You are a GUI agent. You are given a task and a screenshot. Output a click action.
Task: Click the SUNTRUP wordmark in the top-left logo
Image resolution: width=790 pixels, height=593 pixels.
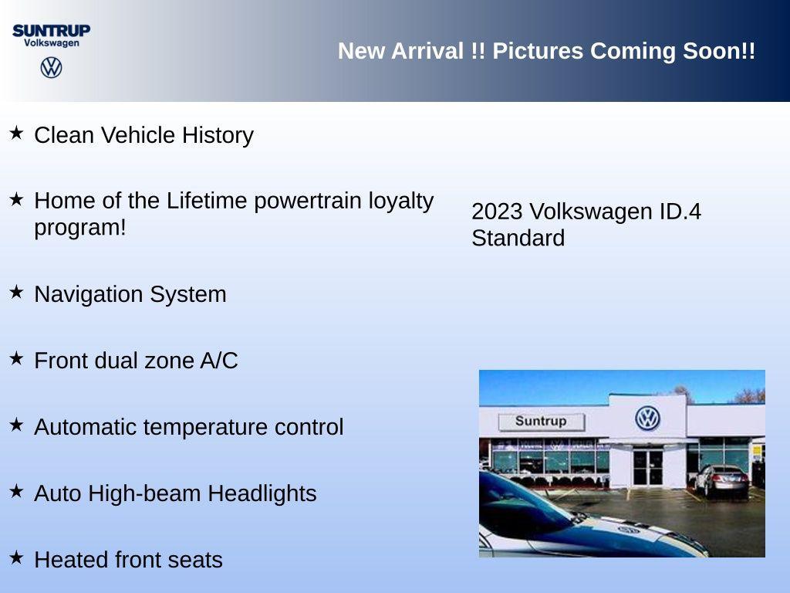click(x=51, y=30)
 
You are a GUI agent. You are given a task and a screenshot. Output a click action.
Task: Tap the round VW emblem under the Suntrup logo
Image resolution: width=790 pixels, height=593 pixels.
click(x=51, y=67)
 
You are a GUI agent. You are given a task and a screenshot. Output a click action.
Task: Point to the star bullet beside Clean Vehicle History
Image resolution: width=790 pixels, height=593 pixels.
click(x=16, y=133)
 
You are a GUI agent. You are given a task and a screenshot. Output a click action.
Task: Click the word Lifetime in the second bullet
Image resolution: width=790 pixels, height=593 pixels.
click(x=207, y=201)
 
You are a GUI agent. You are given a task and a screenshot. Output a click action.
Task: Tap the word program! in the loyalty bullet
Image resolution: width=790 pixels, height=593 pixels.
click(x=79, y=228)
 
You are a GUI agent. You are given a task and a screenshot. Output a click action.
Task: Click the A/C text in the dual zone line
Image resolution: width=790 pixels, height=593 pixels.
click(x=218, y=361)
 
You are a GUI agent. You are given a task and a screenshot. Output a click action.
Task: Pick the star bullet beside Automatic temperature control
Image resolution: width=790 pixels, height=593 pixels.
click(x=16, y=425)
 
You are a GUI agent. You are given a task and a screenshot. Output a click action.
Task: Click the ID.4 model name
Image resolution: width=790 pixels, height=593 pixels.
click(x=680, y=212)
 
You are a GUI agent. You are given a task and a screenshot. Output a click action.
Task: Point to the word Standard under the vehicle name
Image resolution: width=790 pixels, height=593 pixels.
click(x=518, y=238)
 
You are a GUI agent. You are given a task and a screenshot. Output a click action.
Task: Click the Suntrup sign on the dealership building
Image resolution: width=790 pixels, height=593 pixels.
click(x=541, y=422)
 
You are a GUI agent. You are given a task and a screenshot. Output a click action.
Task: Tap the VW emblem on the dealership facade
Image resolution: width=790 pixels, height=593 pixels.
click(x=647, y=418)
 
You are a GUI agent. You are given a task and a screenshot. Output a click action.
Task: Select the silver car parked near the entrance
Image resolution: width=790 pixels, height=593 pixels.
click(x=721, y=479)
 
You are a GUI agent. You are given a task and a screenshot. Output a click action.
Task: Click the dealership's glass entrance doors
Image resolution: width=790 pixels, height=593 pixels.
click(x=647, y=466)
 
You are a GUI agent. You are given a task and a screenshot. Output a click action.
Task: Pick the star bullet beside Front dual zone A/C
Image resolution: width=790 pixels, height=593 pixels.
click(x=16, y=358)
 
